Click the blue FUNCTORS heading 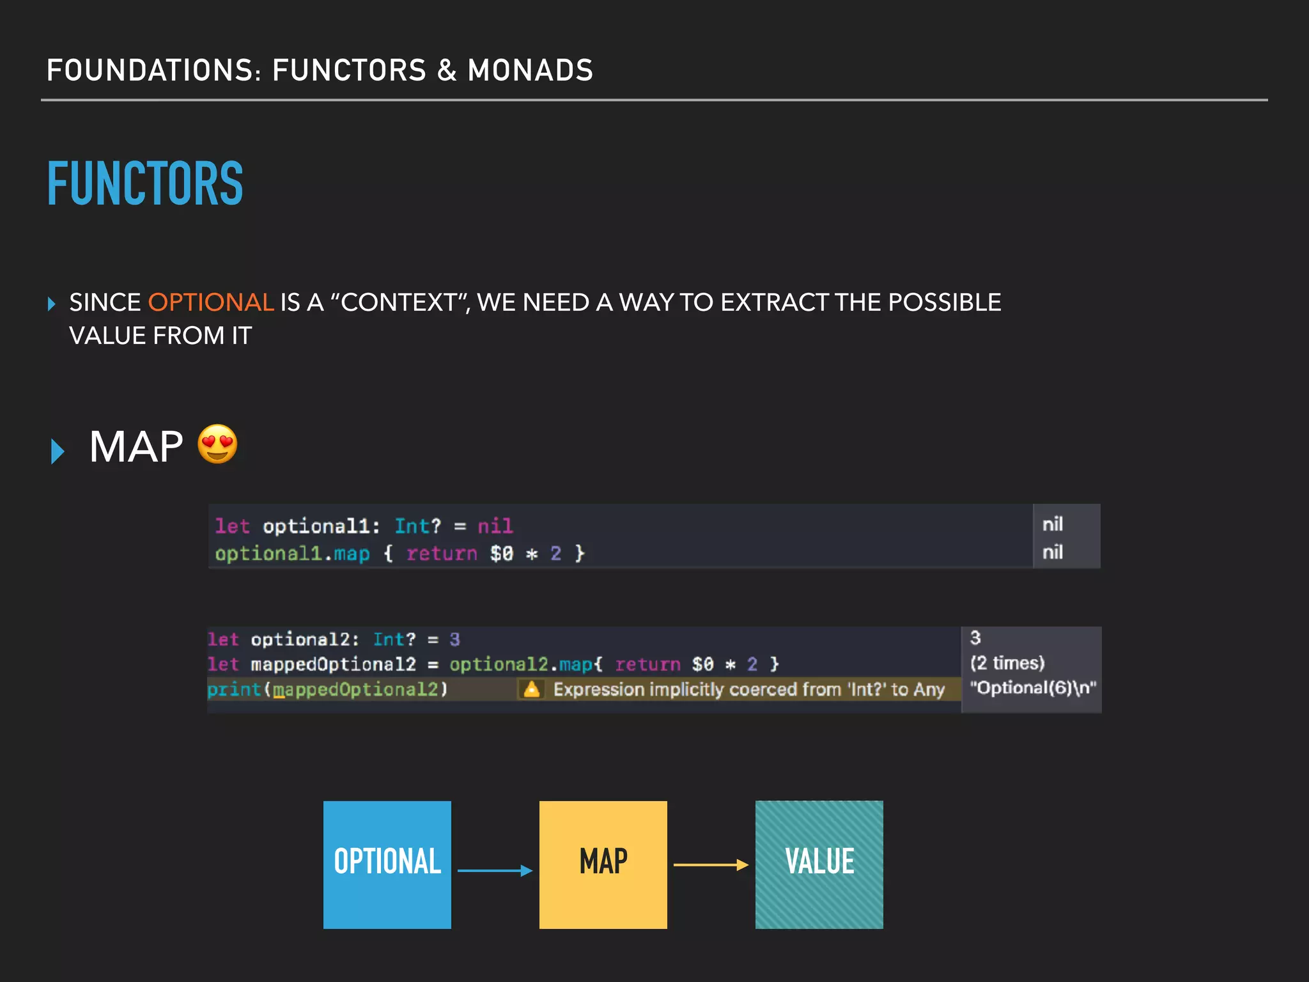coord(145,183)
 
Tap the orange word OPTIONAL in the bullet coord(211,302)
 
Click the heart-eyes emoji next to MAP coord(217,444)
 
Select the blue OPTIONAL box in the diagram coord(387,864)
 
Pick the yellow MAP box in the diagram coord(603,864)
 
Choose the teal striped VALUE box coord(819,864)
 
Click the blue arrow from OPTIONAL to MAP coord(495,870)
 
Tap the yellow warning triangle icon coord(531,689)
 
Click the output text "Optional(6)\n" coord(1032,688)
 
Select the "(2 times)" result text coord(1007,663)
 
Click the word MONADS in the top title coord(531,70)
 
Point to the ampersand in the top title coord(447,70)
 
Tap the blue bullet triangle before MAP coord(58,451)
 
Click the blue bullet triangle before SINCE coord(52,303)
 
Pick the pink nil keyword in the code coord(495,526)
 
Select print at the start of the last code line coord(234,689)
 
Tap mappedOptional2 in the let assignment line coord(333,665)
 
